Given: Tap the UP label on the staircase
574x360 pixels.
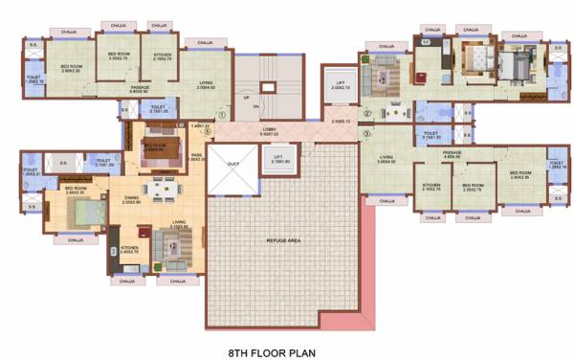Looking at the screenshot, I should tap(247, 97).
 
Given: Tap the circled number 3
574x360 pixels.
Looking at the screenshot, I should tap(366, 133).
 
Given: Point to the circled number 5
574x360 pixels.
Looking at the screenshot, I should tap(219, 132).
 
